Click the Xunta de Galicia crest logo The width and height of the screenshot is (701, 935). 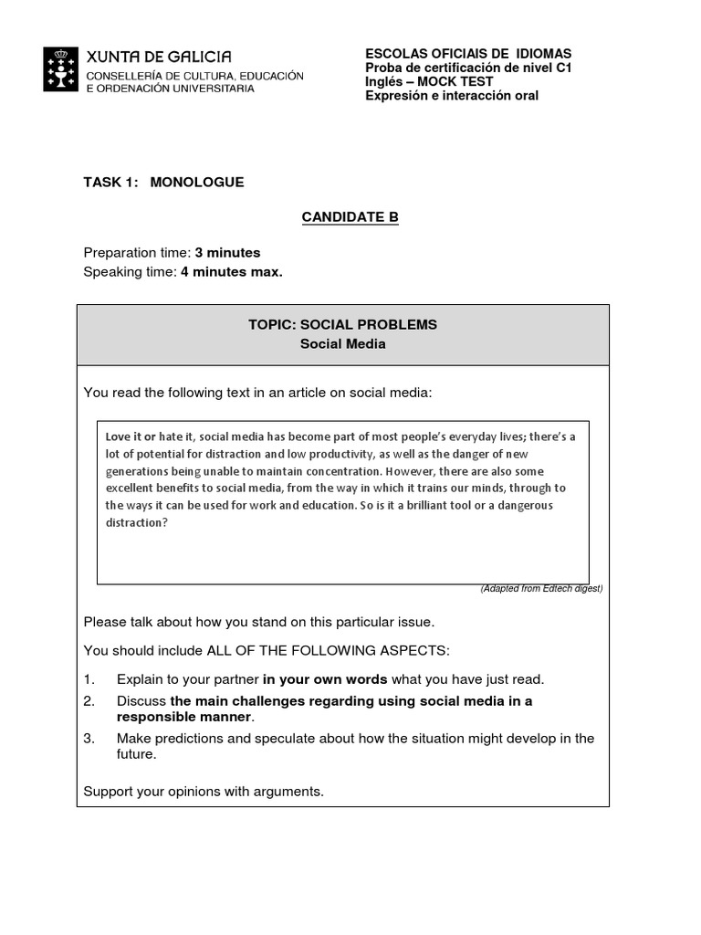tap(61, 69)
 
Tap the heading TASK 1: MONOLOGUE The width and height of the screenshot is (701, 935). tap(163, 182)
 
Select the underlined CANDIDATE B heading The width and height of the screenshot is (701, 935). tap(350, 216)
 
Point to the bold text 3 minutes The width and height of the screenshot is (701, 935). tap(227, 252)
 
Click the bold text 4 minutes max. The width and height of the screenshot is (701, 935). tap(232, 271)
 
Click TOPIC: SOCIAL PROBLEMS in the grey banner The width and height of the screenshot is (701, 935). tap(342, 324)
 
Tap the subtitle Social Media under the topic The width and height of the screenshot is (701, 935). tap(342, 344)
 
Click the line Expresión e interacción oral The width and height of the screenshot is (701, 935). tap(452, 95)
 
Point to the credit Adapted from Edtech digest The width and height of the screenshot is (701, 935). tap(541, 589)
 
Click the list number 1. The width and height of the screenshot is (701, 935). tap(89, 679)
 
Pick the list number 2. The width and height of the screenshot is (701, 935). tap(89, 701)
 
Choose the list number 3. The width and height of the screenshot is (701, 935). tap(89, 738)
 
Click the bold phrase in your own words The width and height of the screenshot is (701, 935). tap(325, 679)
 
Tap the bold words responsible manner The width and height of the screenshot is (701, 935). tap(183, 718)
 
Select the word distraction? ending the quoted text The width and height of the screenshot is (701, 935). tap(137, 523)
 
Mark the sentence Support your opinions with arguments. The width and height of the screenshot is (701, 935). tap(204, 791)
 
